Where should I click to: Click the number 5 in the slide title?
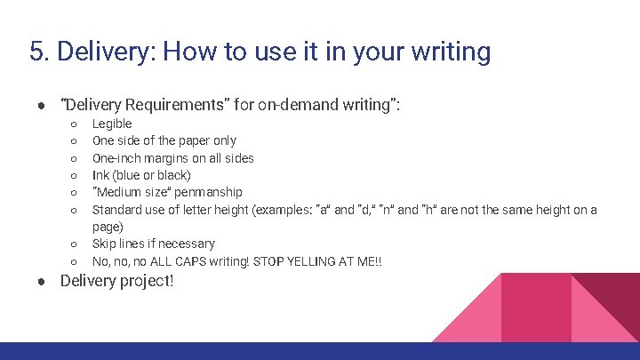(36, 52)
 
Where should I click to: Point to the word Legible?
(112, 124)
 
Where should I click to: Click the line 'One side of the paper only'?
(164, 140)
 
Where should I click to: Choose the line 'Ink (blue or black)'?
(141, 175)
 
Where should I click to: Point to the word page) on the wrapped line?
(108, 227)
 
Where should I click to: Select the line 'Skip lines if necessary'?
(154, 244)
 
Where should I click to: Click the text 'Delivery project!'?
(116, 281)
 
